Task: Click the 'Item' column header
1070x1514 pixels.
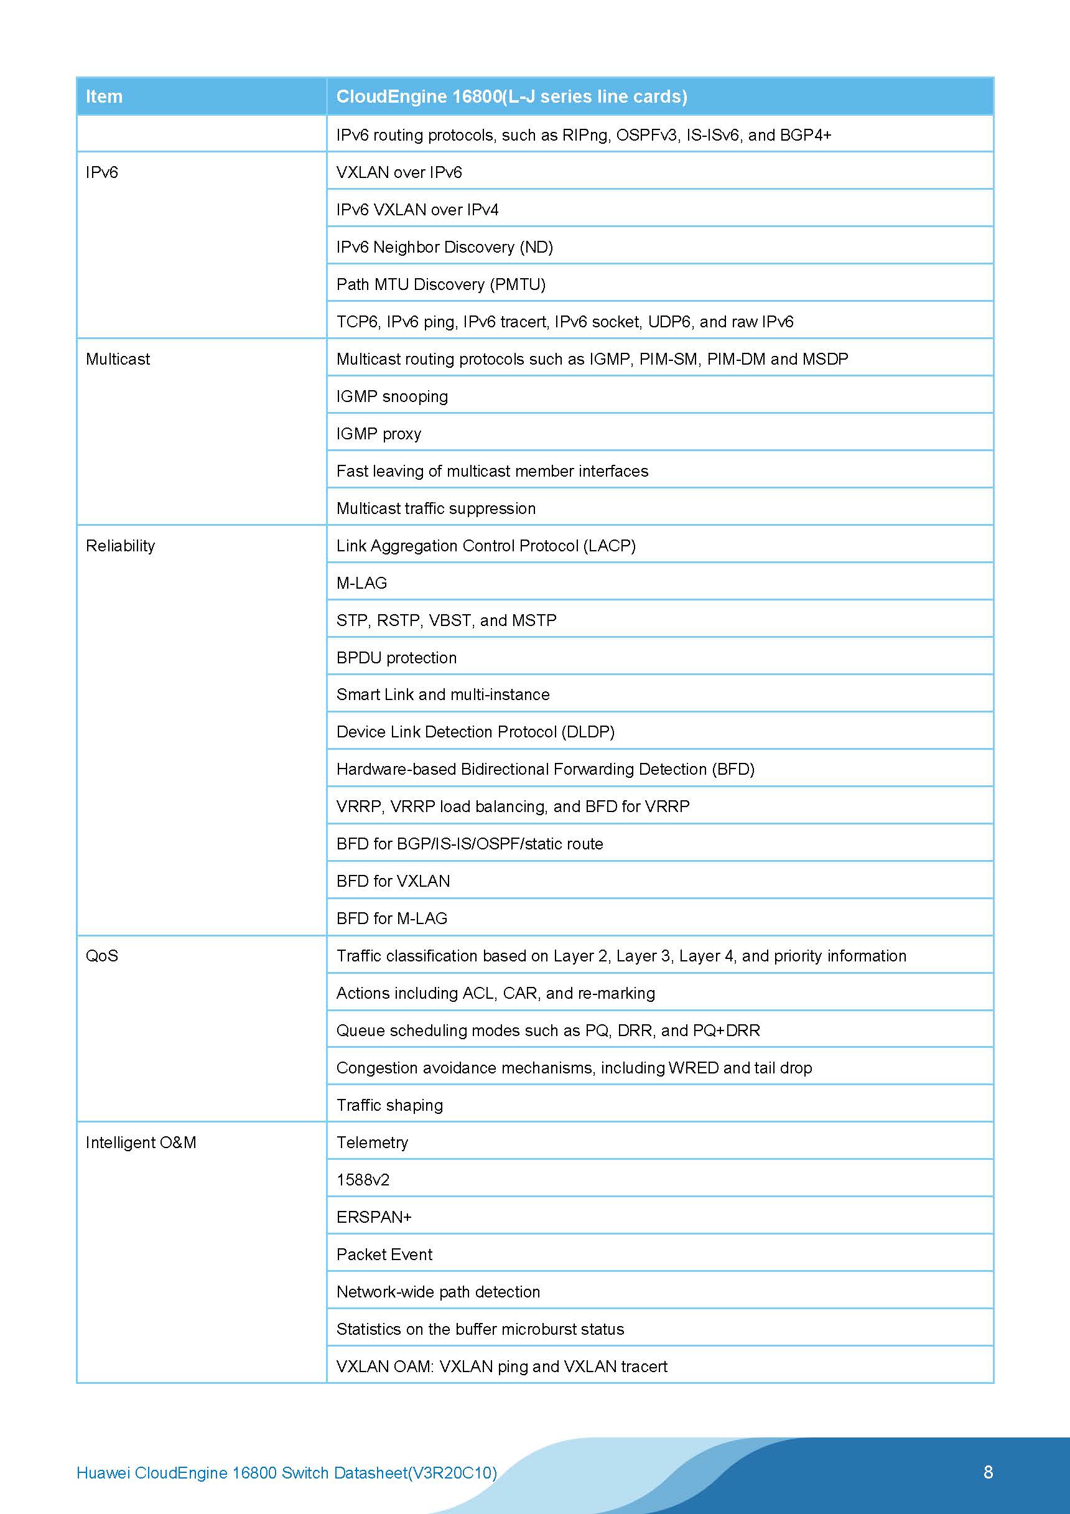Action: pyautogui.click(x=104, y=97)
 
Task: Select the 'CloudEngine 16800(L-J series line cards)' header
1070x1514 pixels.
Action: pyautogui.click(x=511, y=97)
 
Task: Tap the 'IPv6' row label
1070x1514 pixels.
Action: pyautogui.click(x=102, y=173)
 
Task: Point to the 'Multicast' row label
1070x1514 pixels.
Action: pyautogui.click(x=118, y=360)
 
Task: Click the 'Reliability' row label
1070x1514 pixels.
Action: pyautogui.click(x=121, y=546)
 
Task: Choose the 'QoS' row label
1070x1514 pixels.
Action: pyautogui.click(x=102, y=956)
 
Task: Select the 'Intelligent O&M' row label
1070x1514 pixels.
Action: pyautogui.click(x=141, y=1143)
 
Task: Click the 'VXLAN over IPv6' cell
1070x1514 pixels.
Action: pyautogui.click(x=399, y=173)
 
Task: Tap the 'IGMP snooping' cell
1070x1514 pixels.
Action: pyautogui.click(x=393, y=396)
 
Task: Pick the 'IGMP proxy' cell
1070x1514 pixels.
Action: pyautogui.click(x=379, y=434)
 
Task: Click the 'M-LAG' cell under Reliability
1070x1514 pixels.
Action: pyautogui.click(x=362, y=583)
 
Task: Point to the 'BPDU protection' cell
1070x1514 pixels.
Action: pyautogui.click(x=396, y=658)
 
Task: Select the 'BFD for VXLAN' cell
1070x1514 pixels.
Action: pyautogui.click(x=393, y=882)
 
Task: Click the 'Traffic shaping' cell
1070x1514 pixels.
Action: pyautogui.click(x=389, y=1105)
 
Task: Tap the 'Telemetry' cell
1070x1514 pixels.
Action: pyautogui.click(x=373, y=1143)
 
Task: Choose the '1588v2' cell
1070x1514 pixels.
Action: pyautogui.click(x=363, y=1180)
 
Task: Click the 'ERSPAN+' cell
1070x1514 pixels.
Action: pyautogui.click(x=374, y=1217)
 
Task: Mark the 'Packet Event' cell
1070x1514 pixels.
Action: pyautogui.click(x=384, y=1255)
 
